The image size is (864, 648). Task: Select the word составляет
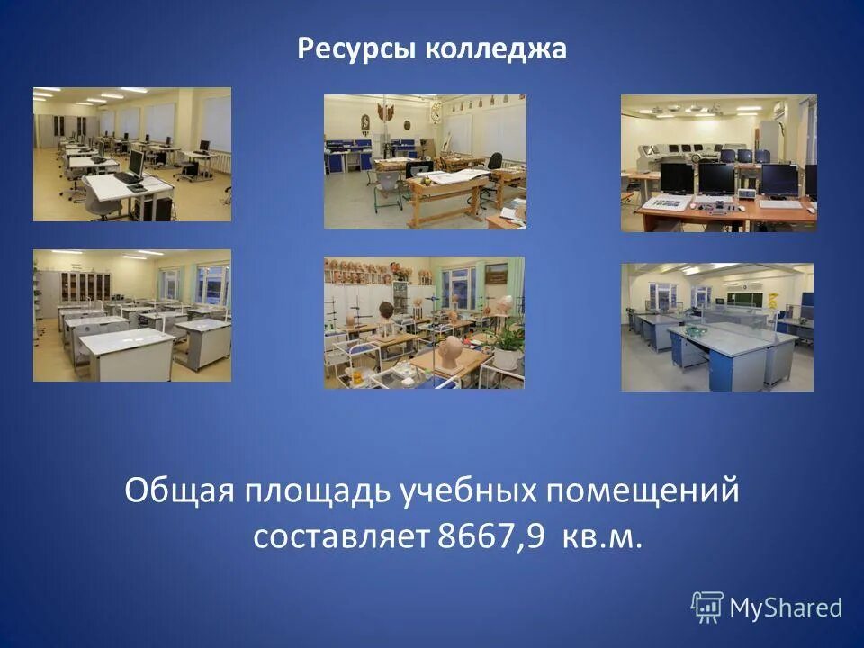(x=341, y=536)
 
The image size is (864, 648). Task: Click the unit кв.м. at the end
(x=602, y=536)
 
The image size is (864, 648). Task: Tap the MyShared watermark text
(x=785, y=607)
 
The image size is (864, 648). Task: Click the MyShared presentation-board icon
(x=707, y=607)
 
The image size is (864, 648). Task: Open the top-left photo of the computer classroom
(x=132, y=154)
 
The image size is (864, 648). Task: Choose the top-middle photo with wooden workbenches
(x=425, y=161)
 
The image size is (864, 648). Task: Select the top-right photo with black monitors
(x=718, y=163)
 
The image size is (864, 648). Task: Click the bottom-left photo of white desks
(x=132, y=315)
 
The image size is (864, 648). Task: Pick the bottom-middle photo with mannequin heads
(x=424, y=322)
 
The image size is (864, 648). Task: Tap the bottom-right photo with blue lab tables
(x=716, y=327)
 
